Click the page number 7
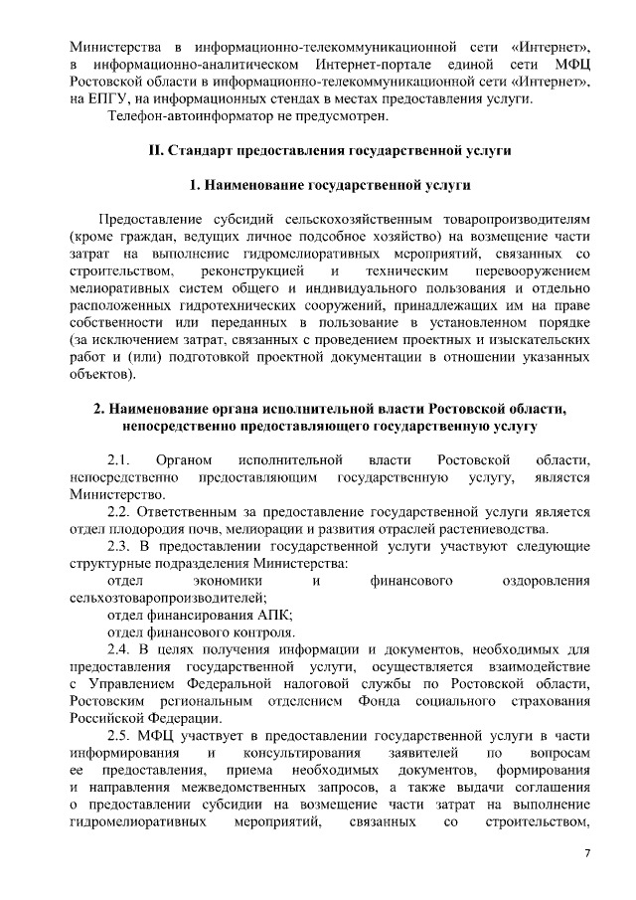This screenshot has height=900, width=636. coord(586,854)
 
